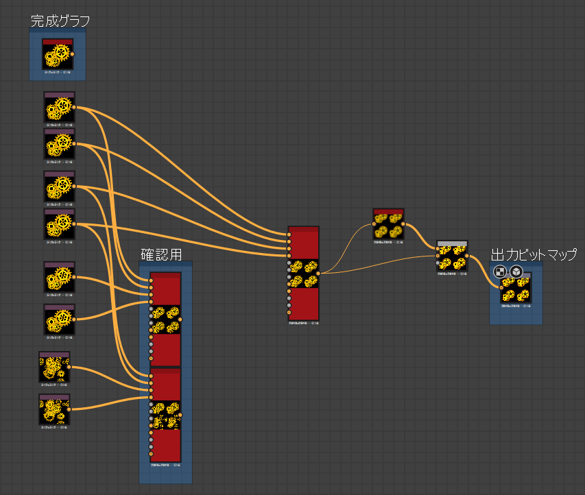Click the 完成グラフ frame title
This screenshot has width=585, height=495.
pyautogui.click(x=60, y=21)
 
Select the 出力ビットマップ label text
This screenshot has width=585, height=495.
pyautogui.click(x=534, y=255)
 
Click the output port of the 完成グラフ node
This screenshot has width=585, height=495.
pyautogui.click(x=74, y=53)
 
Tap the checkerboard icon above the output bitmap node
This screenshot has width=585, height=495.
pyautogui.click(x=499, y=272)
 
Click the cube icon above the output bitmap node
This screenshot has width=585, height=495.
pyautogui.click(x=516, y=272)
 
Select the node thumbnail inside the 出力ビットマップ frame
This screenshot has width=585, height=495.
pyautogui.click(x=516, y=289)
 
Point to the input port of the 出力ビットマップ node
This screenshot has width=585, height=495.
pyautogui.click(x=501, y=288)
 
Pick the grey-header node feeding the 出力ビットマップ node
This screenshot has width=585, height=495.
pyautogui.click(x=452, y=257)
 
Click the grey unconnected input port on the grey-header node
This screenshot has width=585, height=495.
pyautogui.click(x=438, y=263)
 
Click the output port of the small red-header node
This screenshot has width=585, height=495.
pyautogui.click(x=403, y=224)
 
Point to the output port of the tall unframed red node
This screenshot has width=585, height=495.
pyautogui.click(x=318, y=274)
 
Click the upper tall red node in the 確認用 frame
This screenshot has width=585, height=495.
pyautogui.click(x=165, y=319)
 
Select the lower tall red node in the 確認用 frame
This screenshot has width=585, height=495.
pyautogui.click(x=165, y=415)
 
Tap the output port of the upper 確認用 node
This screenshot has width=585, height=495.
pyautogui.click(x=181, y=319)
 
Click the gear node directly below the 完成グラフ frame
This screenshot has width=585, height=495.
pyautogui.click(x=59, y=108)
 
